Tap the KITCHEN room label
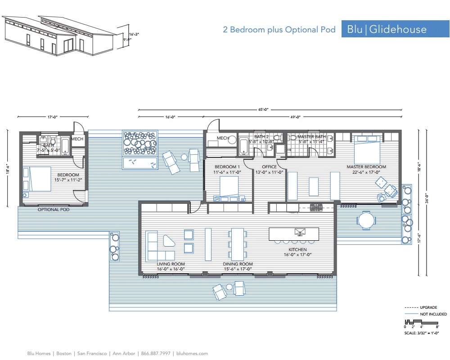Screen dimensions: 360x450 click(x=297, y=249)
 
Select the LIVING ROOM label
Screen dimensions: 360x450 click(x=171, y=264)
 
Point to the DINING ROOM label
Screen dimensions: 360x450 click(x=238, y=264)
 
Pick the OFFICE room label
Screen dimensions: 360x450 click(x=269, y=167)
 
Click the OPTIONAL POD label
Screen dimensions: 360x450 click(x=53, y=210)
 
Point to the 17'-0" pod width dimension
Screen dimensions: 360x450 click(x=53, y=117)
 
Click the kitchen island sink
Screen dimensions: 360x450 click(x=299, y=232)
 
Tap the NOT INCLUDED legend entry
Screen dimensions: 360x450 click(x=433, y=314)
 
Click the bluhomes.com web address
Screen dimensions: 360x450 click(x=192, y=354)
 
